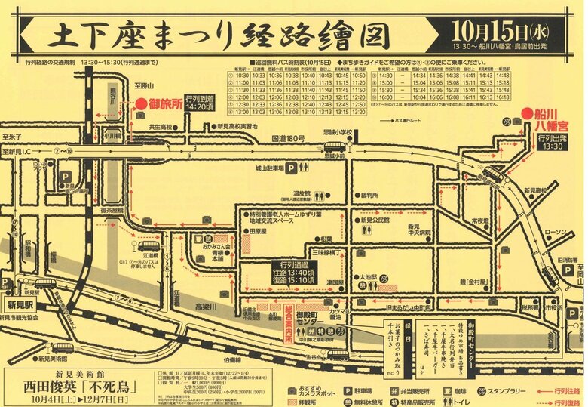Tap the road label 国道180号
coord(287,139)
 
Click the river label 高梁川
coord(204,308)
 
